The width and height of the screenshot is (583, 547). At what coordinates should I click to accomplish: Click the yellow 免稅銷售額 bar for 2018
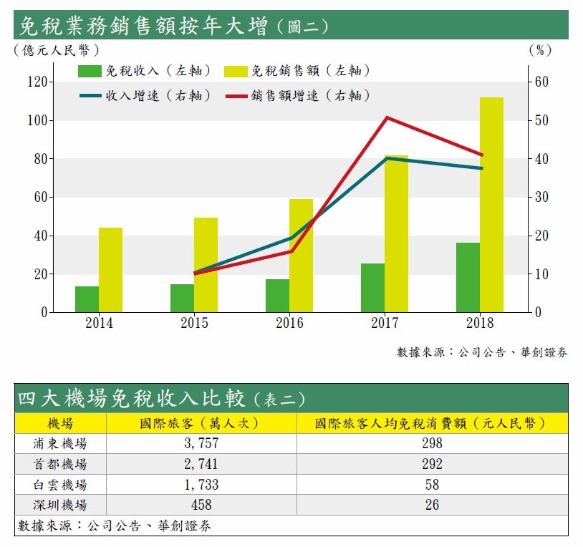pyautogui.click(x=491, y=205)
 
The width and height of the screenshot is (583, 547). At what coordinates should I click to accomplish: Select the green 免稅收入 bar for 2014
pyautogui.click(x=87, y=299)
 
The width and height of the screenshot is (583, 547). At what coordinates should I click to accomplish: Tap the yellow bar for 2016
pyautogui.click(x=301, y=256)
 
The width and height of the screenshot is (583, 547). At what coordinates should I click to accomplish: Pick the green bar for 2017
pyautogui.click(x=372, y=288)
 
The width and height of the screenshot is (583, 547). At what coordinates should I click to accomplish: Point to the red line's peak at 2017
pyautogui.click(x=386, y=117)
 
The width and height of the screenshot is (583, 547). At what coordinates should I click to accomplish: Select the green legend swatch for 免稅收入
pyautogui.click(x=90, y=71)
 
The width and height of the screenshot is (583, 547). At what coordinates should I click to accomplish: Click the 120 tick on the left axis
pyautogui.click(x=36, y=82)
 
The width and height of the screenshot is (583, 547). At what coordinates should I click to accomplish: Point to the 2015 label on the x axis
pyautogui.click(x=194, y=323)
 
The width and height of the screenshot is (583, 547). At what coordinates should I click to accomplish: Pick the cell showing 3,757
pyautogui.click(x=201, y=443)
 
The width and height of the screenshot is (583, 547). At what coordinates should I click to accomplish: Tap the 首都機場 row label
pyautogui.click(x=60, y=463)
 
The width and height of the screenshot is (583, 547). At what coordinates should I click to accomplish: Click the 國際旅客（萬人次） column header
pyautogui.click(x=201, y=423)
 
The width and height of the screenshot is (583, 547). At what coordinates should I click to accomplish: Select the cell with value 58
pyautogui.click(x=432, y=484)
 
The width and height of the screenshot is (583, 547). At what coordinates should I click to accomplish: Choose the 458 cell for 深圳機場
pyautogui.click(x=201, y=505)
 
